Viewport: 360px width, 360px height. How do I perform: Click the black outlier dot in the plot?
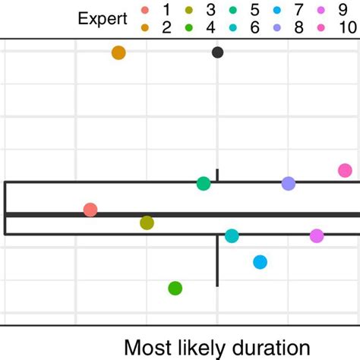click(x=218, y=52)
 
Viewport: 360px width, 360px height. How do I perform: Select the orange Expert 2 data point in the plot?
click(x=118, y=52)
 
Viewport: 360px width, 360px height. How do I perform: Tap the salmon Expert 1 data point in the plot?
click(x=90, y=210)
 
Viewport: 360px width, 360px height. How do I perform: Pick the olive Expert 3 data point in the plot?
click(x=147, y=223)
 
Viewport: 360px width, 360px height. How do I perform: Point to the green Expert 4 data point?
click(x=175, y=288)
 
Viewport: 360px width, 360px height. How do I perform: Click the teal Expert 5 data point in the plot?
click(x=204, y=183)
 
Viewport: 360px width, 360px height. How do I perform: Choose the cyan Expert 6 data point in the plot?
click(x=232, y=236)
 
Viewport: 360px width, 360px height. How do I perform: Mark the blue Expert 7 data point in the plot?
click(x=261, y=262)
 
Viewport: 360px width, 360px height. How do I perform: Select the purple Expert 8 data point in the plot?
click(x=289, y=183)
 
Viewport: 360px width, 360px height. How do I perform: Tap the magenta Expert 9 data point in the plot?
click(x=317, y=236)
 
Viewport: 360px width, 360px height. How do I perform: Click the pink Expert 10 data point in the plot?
click(x=346, y=170)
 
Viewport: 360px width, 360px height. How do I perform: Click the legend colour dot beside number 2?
click(x=145, y=28)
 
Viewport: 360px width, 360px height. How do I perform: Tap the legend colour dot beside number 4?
click(x=188, y=28)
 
